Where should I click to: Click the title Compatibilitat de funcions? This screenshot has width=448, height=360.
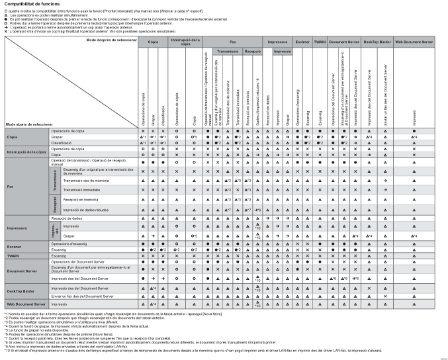(x=32, y=4)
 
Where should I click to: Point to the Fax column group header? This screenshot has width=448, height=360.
(x=232, y=41)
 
